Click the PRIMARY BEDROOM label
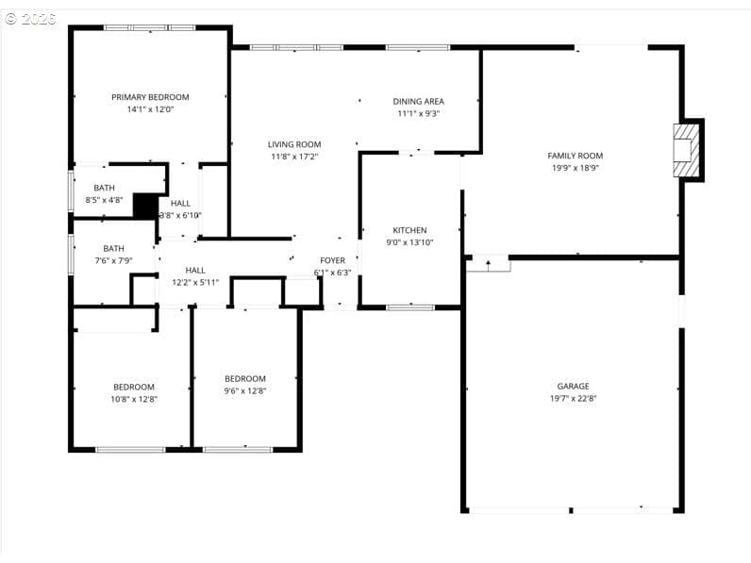pos(150,97)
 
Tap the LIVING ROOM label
pos(294,144)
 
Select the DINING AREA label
pos(418,102)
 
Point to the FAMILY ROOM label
pos(576,156)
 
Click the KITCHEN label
pos(409,230)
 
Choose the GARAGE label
pos(573,386)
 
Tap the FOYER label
pos(332,260)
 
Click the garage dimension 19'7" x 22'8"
pos(573,398)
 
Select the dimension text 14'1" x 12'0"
pos(150,109)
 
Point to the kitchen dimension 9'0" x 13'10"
pos(409,242)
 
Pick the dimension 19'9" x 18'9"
pos(576,168)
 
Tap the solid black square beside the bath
pos(145,207)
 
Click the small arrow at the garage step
pos(489,265)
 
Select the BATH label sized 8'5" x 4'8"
pos(104,189)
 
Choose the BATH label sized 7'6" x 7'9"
pos(113,248)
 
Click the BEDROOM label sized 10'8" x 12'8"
pos(134,387)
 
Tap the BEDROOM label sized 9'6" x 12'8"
pos(244,379)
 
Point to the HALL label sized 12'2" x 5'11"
pos(195,271)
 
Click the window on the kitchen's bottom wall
pos(410,307)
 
